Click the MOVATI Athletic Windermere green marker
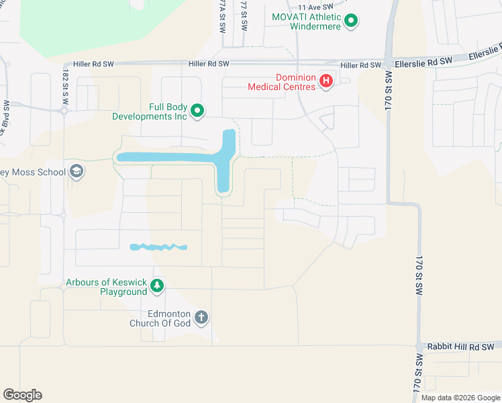click(350, 21)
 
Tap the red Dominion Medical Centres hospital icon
click(326, 81)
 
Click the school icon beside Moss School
click(76, 172)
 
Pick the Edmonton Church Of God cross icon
click(201, 318)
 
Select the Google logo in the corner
click(22, 395)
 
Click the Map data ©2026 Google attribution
click(460, 398)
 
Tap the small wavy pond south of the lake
click(158, 247)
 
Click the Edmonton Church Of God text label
click(160, 318)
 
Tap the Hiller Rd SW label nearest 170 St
click(360, 65)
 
